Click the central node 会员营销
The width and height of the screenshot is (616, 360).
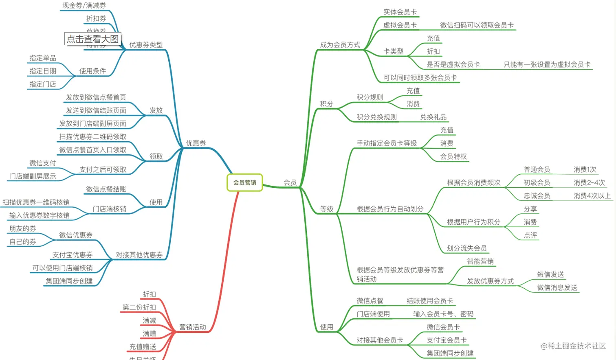pyautogui.click(x=244, y=182)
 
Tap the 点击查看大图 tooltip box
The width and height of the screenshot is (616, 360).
pyautogui.click(x=92, y=39)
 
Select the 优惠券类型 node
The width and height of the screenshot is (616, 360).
pyautogui.click(x=146, y=45)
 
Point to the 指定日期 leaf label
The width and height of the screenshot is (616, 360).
pyautogui.click(x=43, y=71)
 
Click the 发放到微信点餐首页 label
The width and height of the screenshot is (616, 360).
pyautogui.click(x=96, y=97)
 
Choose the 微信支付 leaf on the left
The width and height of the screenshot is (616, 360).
pyautogui.click(x=43, y=163)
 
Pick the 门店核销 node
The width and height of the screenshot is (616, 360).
pyautogui.click(x=109, y=209)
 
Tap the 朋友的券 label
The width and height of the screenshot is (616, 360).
pyautogui.click(x=23, y=228)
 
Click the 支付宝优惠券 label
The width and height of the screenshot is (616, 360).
pyautogui.click(x=73, y=255)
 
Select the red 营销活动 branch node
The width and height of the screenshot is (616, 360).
pyautogui.click(x=192, y=327)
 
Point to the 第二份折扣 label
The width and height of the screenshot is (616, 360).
pyautogui.click(x=139, y=307)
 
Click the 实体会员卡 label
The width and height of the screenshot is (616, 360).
pyautogui.click(x=400, y=12)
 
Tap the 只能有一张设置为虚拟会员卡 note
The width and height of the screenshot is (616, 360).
pyautogui.click(x=547, y=64)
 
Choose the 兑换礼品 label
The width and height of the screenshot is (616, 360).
pyautogui.click(x=433, y=117)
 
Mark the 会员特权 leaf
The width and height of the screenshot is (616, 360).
pyautogui.click(x=453, y=156)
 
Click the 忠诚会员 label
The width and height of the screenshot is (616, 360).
pyautogui.click(x=537, y=196)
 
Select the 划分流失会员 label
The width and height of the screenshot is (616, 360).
pyautogui.click(x=466, y=248)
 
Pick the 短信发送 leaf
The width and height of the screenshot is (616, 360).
pyautogui.click(x=550, y=274)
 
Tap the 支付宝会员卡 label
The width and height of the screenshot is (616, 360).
pyautogui.click(x=447, y=340)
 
